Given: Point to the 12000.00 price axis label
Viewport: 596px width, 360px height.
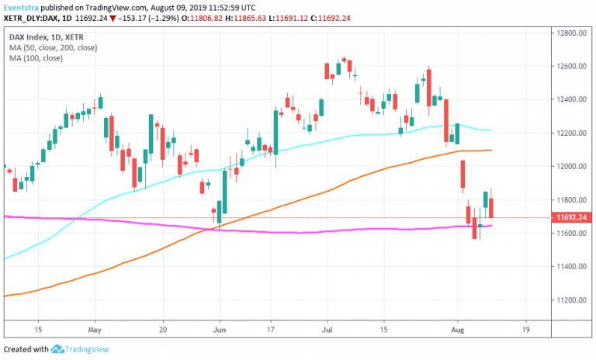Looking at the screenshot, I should point(570,167).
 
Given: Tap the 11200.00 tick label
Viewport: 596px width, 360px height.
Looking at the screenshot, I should point(570,300).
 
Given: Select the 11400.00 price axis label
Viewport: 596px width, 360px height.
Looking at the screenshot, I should point(570,267).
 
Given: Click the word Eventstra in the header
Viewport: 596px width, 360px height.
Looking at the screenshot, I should point(23,6).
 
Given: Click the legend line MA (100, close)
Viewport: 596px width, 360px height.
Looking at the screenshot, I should point(39,58).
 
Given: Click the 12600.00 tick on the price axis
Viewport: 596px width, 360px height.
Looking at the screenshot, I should point(570,67).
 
